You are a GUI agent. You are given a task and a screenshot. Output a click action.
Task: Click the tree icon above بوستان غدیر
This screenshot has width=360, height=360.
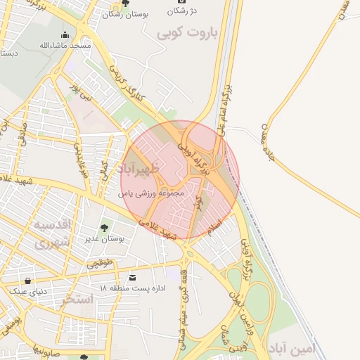tap(105, 228)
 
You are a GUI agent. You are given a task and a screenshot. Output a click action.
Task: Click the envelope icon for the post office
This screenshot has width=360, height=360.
tap(134, 278)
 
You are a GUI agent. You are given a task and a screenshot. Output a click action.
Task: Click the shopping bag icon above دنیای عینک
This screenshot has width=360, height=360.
tap(27, 281)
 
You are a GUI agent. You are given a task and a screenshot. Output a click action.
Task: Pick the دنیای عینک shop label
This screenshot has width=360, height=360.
tap(27, 291)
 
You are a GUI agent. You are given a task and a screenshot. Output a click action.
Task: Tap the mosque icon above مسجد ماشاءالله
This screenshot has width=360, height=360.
tap(65, 35)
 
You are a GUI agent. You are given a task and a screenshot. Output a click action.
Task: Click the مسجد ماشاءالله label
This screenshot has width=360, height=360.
tap(65, 46)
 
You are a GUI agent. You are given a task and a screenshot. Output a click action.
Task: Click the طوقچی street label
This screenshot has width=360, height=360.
tap(99, 264)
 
